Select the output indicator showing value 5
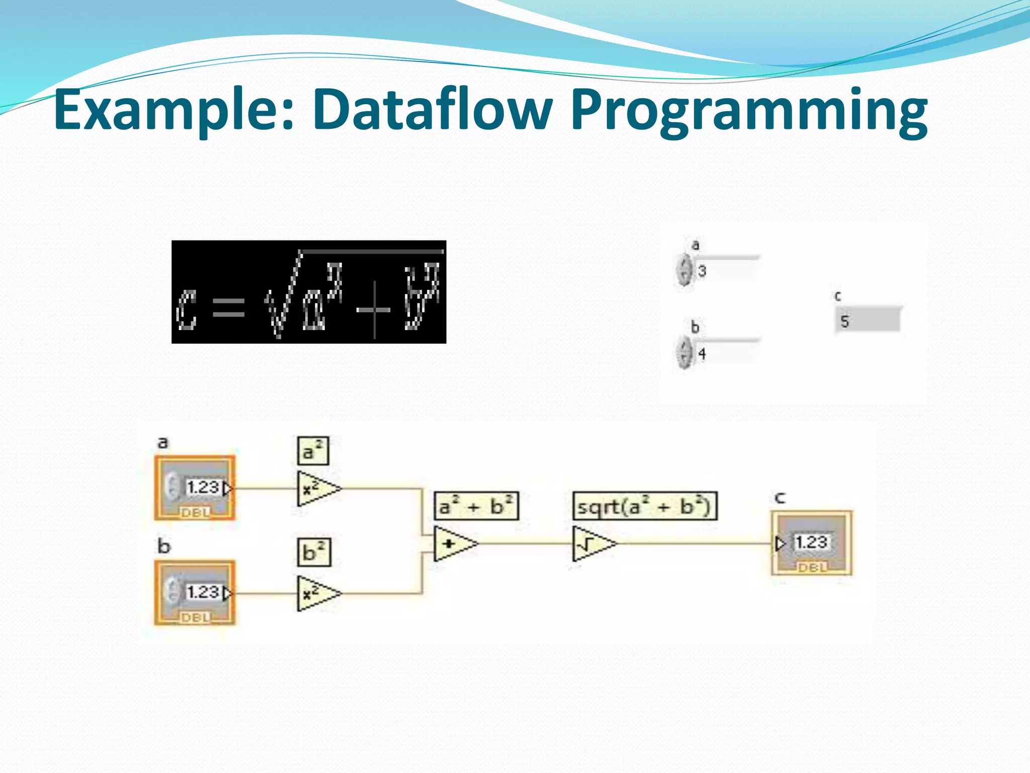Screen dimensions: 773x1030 click(x=868, y=321)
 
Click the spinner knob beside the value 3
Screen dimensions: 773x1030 click(x=684, y=270)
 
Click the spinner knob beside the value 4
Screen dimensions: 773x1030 click(x=684, y=353)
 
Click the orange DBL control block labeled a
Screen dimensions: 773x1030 click(x=195, y=488)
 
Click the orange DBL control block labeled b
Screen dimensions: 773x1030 click(x=195, y=592)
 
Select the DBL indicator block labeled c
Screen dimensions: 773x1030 click(x=811, y=543)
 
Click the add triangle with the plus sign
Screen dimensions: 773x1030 click(x=453, y=544)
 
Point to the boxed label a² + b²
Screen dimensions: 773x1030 click(x=476, y=506)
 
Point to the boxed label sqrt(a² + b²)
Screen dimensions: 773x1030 click(x=645, y=506)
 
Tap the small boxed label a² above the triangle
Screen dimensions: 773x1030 click(x=313, y=451)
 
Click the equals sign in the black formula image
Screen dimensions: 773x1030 click(x=229, y=306)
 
